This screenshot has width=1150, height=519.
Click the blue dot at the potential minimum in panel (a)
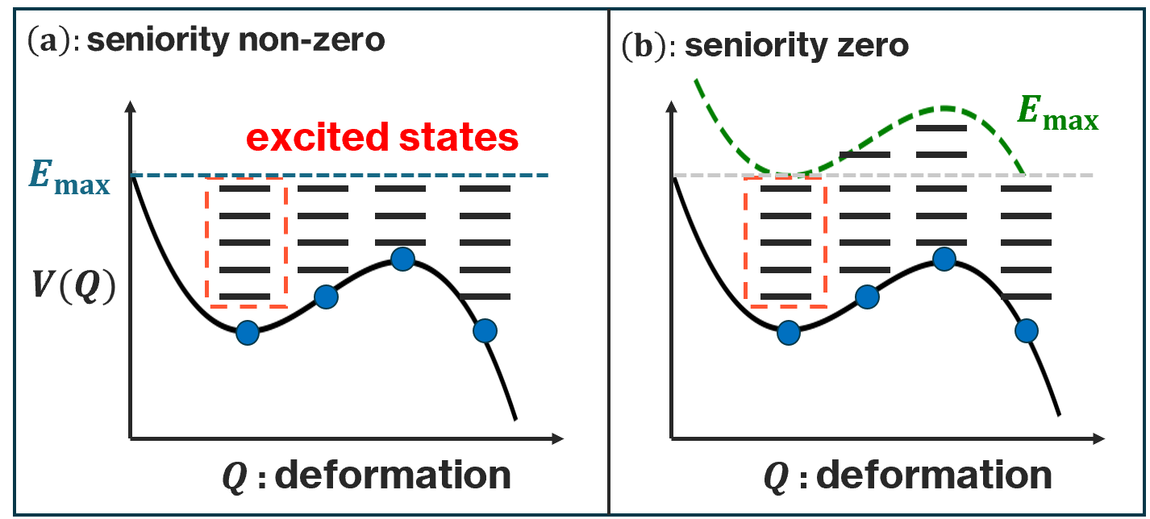[248, 332]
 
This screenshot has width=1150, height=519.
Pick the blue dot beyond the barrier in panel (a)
[485, 330]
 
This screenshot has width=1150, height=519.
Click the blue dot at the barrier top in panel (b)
[944, 259]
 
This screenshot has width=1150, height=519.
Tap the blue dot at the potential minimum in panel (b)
[789, 332]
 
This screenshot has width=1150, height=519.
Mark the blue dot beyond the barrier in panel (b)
[1026, 330]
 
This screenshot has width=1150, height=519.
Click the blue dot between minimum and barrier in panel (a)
[325, 297]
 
